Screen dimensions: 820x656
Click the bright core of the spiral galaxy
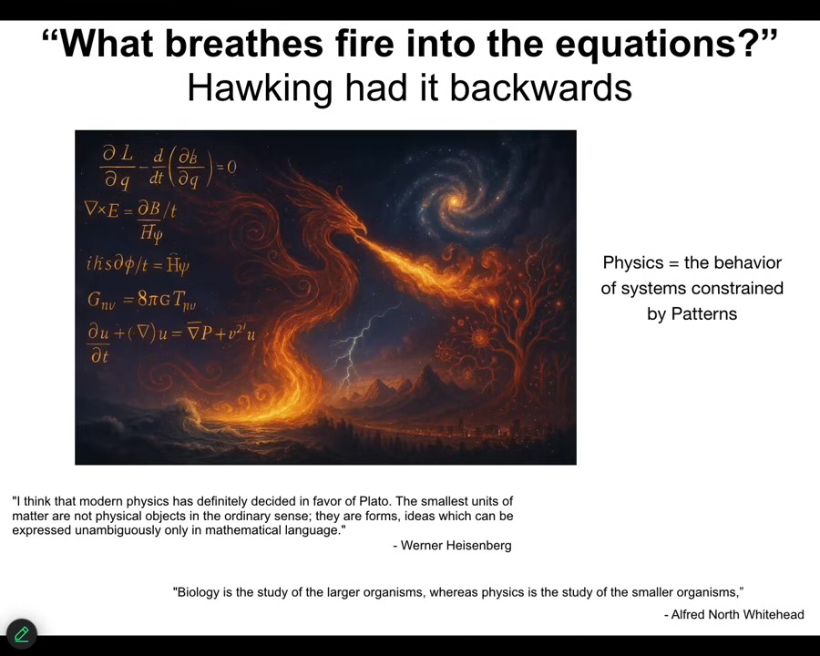coord(454,200)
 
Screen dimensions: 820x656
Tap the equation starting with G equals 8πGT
coord(142,300)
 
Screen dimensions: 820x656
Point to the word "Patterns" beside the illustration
coord(692,313)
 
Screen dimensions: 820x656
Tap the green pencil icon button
coord(22,634)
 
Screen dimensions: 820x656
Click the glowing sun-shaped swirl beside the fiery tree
coord(479,338)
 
